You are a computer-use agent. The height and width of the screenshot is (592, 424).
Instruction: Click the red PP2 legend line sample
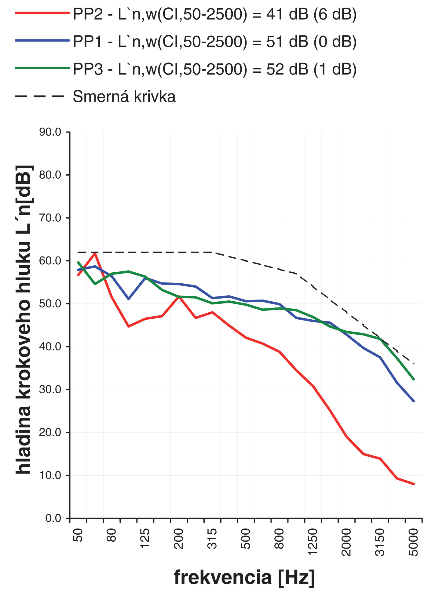(42, 13)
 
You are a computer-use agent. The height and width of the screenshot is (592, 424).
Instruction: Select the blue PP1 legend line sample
(42, 40)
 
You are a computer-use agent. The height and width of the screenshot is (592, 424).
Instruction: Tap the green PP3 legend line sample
(42, 68)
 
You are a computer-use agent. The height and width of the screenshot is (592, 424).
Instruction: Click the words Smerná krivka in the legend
(124, 97)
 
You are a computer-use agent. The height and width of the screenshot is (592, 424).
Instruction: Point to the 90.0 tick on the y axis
(50, 132)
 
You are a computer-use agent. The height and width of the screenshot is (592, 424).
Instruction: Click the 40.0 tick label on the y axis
(50, 347)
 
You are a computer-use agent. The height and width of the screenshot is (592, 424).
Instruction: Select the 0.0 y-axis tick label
(53, 518)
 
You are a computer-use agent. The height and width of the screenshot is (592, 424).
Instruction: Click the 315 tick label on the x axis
(212, 539)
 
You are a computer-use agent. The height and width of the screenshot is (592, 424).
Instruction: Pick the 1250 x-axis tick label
(313, 543)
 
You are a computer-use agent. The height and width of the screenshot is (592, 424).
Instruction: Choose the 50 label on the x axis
(78, 535)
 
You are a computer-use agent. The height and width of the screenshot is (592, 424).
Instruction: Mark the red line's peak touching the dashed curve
(95, 253)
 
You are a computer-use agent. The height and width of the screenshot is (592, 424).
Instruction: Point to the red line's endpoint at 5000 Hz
(414, 484)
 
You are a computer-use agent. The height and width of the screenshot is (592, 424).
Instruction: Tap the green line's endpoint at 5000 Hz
(414, 379)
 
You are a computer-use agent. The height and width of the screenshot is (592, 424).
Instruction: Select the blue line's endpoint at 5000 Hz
(414, 401)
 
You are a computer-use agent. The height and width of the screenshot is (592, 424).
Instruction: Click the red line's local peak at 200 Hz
(179, 296)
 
